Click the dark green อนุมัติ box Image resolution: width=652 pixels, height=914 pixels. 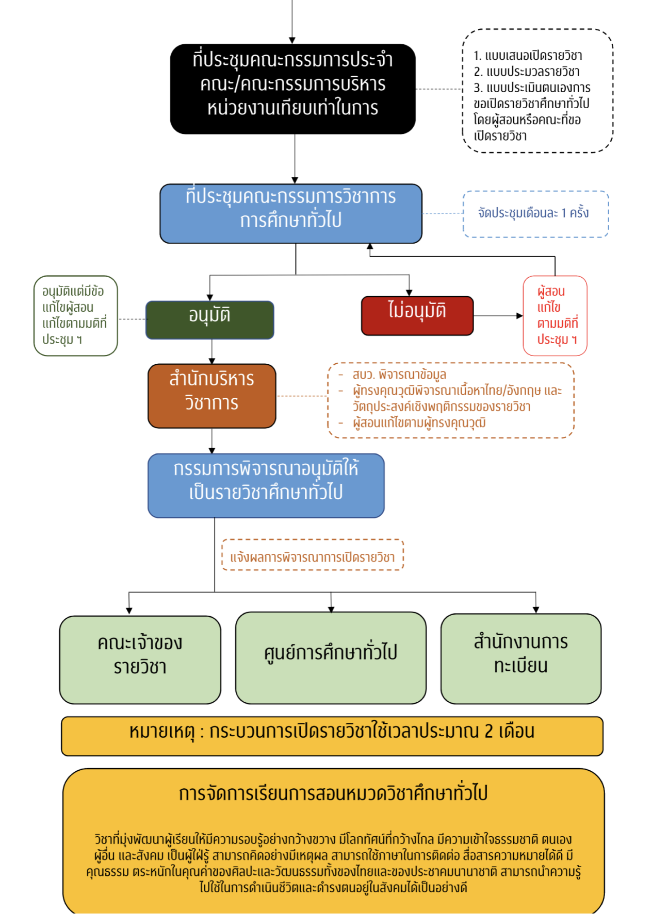click(209, 319)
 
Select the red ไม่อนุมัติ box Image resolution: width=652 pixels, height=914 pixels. click(417, 315)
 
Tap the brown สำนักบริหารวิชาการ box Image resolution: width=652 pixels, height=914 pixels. click(211, 396)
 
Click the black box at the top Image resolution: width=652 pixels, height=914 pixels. click(292, 89)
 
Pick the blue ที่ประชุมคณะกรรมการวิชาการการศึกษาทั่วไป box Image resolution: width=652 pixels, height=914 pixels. click(290, 213)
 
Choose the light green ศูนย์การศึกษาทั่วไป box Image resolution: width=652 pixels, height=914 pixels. click(331, 657)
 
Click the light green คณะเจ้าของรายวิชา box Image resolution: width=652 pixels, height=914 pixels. click(140, 659)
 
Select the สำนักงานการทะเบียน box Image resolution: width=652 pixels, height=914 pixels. click(520, 658)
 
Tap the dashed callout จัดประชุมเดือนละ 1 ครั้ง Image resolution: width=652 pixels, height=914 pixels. click(535, 213)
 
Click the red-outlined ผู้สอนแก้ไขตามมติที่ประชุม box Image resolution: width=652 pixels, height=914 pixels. click(555, 315)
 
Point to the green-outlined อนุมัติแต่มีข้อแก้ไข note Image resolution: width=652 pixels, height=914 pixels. click(75, 315)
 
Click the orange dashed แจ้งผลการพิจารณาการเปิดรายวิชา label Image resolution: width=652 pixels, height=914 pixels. click(312, 557)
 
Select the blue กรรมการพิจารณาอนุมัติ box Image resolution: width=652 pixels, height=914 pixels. click(266, 485)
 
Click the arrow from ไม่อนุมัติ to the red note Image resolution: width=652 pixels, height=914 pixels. click(497, 315)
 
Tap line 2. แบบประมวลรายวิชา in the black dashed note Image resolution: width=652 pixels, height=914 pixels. click(527, 72)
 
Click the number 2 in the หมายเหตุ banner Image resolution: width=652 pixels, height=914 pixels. click(488, 731)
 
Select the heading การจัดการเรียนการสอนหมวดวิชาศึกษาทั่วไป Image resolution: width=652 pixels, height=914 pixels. click(333, 793)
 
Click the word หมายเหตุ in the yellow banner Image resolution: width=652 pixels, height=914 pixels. click(161, 732)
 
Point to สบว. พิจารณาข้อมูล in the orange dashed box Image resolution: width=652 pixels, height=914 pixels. click(399, 375)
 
